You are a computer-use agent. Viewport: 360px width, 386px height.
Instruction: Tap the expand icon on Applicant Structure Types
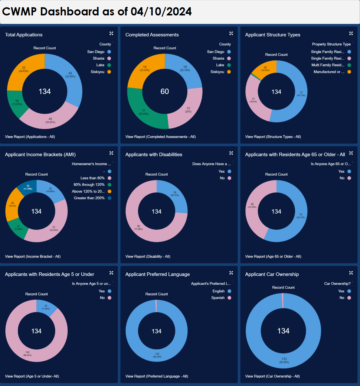pyautogui.click(x=351, y=33)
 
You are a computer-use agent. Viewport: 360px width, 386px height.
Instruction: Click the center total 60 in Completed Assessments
pyautogui.click(x=165, y=91)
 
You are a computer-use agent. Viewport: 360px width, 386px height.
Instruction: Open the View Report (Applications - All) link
pyautogui.click(x=30, y=137)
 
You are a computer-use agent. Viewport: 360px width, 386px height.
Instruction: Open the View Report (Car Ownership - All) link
pyautogui.click(x=272, y=376)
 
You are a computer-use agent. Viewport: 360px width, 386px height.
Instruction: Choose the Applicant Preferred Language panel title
pyautogui.click(x=158, y=274)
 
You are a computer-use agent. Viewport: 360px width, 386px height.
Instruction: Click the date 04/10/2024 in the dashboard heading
pyautogui.click(x=161, y=11)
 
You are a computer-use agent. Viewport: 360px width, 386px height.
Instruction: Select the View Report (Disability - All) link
pyautogui.click(x=148, y=256)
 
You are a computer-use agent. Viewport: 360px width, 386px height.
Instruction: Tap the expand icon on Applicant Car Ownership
pyautogui.click(x=351, y=273)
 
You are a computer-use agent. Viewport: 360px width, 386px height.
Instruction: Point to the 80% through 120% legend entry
pyautogui.click(x=89, y=185)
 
